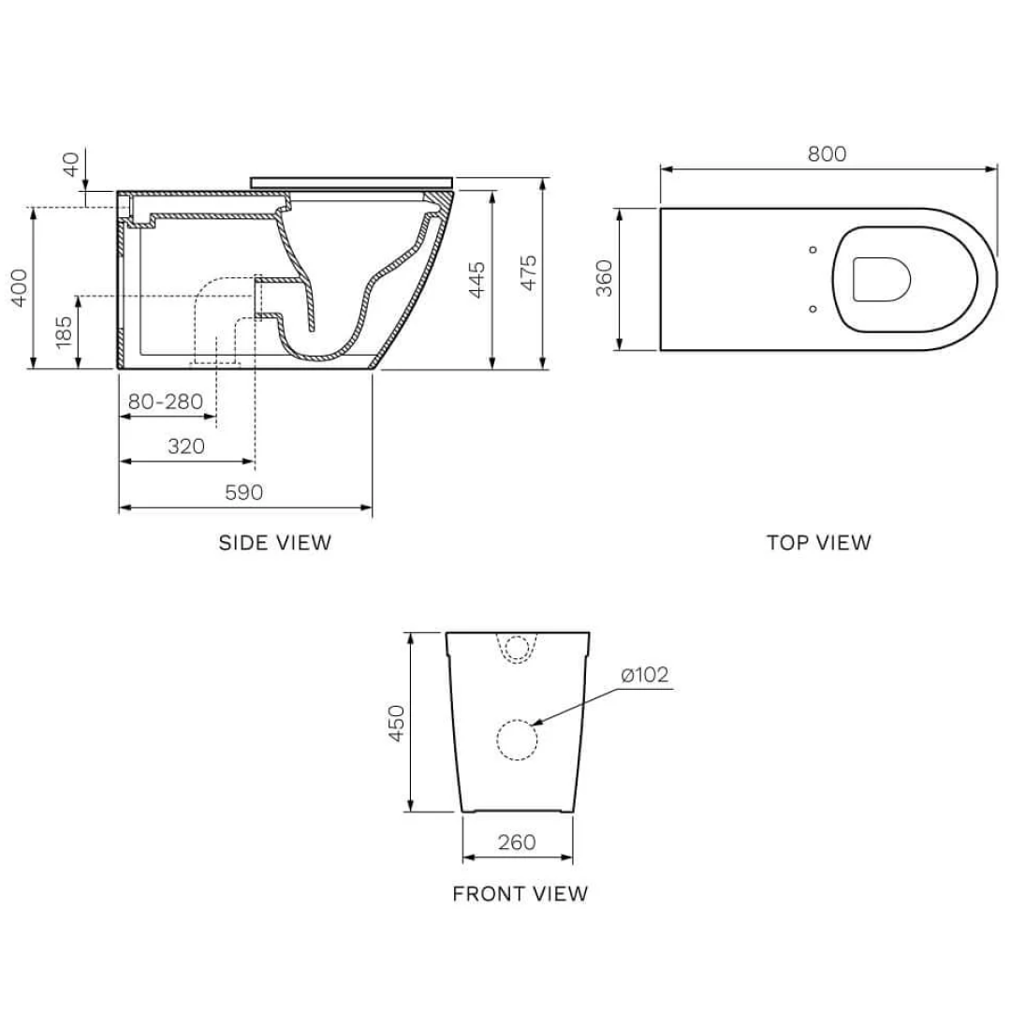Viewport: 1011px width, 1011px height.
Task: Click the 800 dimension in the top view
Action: click(x=827, y=154)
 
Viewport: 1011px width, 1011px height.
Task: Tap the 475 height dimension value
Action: click(x=529, y=272)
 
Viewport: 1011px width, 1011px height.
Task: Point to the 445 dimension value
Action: click(x=477, y=279)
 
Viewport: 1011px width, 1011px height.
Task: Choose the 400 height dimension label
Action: click(x=19, y=287)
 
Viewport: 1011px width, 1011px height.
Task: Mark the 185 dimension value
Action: click(x=64, y=332)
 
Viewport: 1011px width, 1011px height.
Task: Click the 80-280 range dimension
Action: click(x=166, y=402)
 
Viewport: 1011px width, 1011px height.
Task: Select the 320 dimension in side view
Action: click(x=186, y=447)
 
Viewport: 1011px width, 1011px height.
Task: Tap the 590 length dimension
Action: click(x=244, y=492)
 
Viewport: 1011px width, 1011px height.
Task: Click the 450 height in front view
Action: click(x=396, y=723)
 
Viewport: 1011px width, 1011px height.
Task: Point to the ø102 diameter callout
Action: click(x=646, y=675)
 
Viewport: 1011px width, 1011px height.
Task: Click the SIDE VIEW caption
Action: click(x=274, y=542)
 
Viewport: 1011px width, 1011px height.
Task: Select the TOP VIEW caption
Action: click(x=818, y=542)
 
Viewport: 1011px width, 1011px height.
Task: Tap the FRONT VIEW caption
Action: click(x=520, y=894)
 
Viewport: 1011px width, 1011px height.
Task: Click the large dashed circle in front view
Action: click(x=517, y=740)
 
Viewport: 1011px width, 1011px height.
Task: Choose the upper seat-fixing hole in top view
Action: click(x=812, y=250)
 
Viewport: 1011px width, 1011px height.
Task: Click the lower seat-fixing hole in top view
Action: click(x=812, y=308)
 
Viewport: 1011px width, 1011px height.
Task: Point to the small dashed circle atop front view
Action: click(x=517, y=647)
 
